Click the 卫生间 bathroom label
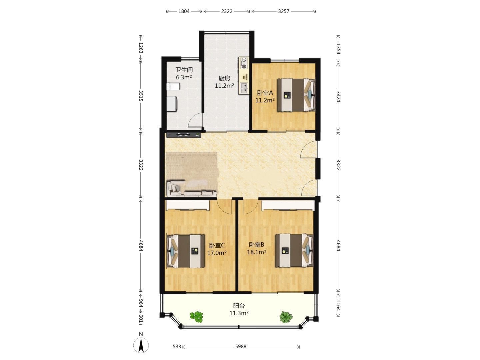click(x=184, y=70)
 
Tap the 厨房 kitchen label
click(x=224, y=78)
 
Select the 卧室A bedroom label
click(x=265, y=93)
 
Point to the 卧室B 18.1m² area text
click(x=257, y=252)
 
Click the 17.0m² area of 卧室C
click(x=217, y=253)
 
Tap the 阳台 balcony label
click(x=239, y=306)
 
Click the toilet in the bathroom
click(x=173, y=87)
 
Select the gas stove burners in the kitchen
click(x=244, y=63)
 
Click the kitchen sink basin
click(x=244, y=88)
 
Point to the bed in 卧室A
click(x=296, y=95)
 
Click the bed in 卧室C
click(x=186, y=251)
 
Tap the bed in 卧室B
click(x=294, y=250)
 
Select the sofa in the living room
click(x=192, y=188)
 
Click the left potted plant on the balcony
click(x=197, y=317)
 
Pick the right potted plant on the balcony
click(x=286, y=317)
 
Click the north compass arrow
click(x=141, y=345)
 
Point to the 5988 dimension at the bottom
click(x=241, y=346)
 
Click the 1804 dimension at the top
click(x=184, y=11)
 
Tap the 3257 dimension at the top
click(x=284, y=11)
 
